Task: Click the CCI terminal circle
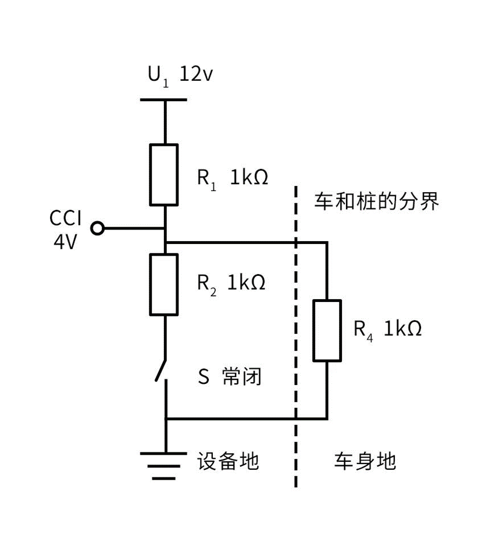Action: (98, 228)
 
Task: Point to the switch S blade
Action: (160, 369)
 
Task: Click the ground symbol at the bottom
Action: (164, 466)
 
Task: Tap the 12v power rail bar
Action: (163, 100)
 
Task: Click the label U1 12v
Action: (180, 76)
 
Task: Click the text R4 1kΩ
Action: (388, 329)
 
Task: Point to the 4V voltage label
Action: (65, 242)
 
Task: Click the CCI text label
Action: (66, 218)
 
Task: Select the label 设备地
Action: (228, 461)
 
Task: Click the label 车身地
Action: (365, 461)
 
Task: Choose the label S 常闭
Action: (229, 376)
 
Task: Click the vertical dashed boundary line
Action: (296, 336)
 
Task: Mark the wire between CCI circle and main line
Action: (134, 228)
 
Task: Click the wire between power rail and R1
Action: (165, 122)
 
